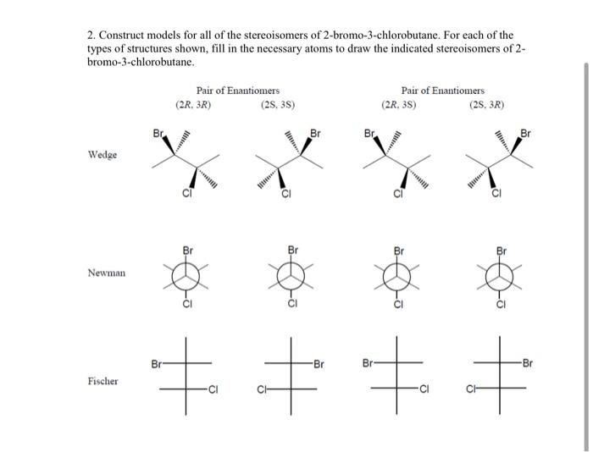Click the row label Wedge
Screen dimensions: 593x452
click(103, 155)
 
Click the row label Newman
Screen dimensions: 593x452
click(106, 273)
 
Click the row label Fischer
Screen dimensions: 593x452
click(103, 382)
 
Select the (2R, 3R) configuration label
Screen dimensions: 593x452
click(193, 106)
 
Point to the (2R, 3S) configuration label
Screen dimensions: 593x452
click(398, 106)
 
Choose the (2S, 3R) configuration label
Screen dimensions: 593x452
click(486, 106)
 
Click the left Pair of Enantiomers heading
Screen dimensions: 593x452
click(237, 91)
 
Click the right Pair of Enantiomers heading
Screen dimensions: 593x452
click(443, 91)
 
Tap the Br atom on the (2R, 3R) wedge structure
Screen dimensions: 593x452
click(158, 134)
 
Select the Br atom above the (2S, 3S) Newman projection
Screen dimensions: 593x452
click(293, 251)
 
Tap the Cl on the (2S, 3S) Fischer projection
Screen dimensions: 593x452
click(263, 390)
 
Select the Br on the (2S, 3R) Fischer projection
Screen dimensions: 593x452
click(528, 364)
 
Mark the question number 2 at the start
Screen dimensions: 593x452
click(91, 36)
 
